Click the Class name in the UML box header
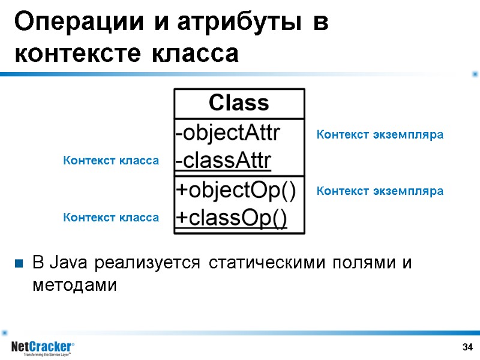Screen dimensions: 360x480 coord(239,103)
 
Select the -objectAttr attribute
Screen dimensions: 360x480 coord(227,133)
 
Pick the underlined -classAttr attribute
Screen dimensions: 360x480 coord(223,161)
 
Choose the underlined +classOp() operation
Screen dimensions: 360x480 coord(231,219)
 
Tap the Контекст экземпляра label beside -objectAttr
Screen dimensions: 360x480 coord(379,135)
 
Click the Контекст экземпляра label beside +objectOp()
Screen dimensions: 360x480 coord(379,191)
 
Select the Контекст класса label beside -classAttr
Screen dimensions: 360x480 coord(111,161)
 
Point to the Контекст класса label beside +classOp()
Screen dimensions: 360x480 coord(111,218)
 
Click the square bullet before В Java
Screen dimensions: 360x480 coord(19,263)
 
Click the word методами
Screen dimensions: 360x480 coord(74,286)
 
